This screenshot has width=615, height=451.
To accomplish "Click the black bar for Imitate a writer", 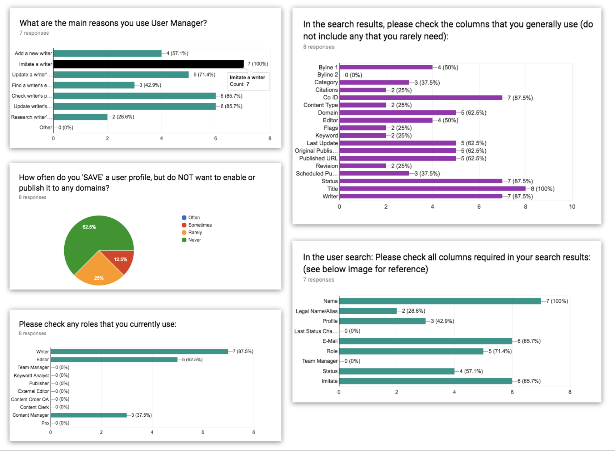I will click(x=148, y=64).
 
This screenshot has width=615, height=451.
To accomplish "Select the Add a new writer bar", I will click(x=107, y=54).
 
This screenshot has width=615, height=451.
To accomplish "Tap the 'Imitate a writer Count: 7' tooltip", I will click(x=248, y=81).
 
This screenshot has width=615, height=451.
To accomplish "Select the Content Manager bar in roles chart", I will click(x=89, y=415).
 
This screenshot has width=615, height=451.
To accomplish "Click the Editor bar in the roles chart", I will click(x=114, y=360).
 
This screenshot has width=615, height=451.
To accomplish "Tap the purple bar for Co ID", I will click(x=421, y=98).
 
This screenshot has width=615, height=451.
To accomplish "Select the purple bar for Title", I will click(x=432, y=189).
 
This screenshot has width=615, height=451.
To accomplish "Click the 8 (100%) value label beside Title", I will click(x=542, y=189).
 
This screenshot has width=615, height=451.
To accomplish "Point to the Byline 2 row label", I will click(x=327, y=75).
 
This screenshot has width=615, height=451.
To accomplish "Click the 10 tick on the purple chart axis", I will click(x=572, y=207).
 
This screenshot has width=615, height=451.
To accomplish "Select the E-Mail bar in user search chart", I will click(x=425, y=341).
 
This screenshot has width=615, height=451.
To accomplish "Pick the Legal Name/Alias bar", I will click(x=368, y=311).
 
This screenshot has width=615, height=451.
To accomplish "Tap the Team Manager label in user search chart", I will click(x=320, y=361).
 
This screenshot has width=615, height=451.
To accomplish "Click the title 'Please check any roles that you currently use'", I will click(x=97, y=324).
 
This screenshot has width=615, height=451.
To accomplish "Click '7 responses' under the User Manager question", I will click(x=34, y=33).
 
